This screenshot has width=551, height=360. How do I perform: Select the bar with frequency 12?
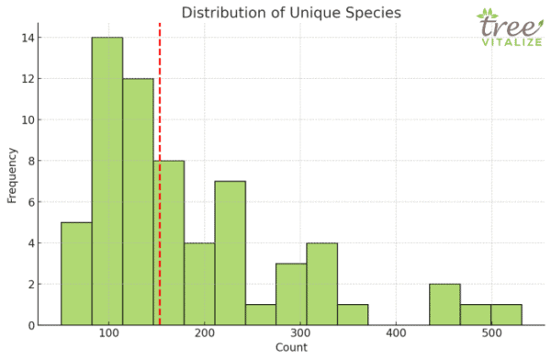(x=138, y=201)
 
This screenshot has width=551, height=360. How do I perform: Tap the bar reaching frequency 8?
(x=169, y=242)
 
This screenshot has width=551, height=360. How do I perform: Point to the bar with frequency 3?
(x=291, y=294)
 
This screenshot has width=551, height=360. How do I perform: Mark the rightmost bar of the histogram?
(x=506, y=314)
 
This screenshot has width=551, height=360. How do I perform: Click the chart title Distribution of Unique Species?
(x=290, y=12)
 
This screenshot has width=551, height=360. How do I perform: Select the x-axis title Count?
(x=290, y=349)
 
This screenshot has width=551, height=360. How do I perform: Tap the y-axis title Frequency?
(x=12, y=174)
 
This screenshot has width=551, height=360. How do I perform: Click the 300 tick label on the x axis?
(x=300, y=333)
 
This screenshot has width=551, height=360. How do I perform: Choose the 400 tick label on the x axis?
(x=396, y=333)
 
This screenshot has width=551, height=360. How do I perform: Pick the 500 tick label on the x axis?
(x=490, y=333)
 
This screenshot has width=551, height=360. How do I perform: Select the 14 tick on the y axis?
(x=29, y=38)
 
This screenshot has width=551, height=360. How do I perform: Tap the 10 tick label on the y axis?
(x=29, y=119)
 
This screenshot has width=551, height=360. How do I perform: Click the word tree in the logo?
(x=503, y=28)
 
